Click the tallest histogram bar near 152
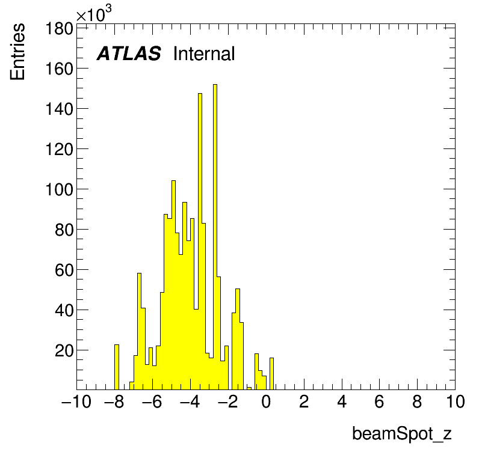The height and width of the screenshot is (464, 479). [x=215, y=237]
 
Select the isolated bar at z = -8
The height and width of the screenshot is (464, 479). [x=117, y=367]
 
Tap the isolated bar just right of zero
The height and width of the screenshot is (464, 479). [x=271, y=374]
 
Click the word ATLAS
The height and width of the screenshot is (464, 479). [x=129, y=53]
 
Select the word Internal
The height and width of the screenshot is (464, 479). [x=204, y=53]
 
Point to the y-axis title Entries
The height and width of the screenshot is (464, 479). [x=17, y=52]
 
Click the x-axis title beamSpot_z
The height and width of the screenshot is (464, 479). [x=402, y=433]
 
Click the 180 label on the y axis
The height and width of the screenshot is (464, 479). [x=59, y=29]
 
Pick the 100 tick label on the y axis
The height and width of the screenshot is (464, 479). [x=59, y=189]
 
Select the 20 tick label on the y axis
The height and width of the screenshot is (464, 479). [x=64, y=351]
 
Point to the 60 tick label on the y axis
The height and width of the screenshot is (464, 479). [x=64, y=270]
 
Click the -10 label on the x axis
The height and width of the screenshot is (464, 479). [x=76, y=401]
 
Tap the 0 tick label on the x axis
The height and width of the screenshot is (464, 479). [x=266, y=401]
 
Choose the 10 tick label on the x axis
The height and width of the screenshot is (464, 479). [x=456, y=401]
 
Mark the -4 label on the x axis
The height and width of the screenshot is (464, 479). [x=190, y=401]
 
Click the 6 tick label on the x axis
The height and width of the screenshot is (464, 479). [x=380, y=401]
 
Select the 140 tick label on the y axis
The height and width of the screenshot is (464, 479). [x=59, y=109]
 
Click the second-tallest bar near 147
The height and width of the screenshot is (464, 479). [x=200, y=242]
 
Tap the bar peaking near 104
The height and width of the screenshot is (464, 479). [x=173, y=285]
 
